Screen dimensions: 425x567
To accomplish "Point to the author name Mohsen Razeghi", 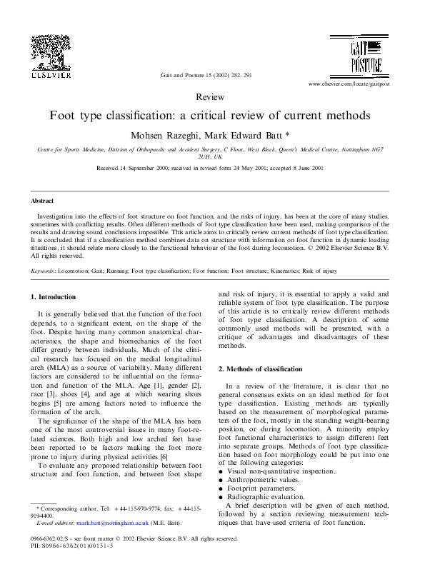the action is pyautogui.click(x=156, y=134).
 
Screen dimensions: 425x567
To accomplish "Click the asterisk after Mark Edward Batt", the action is pyautogui.click(x=266, y=134).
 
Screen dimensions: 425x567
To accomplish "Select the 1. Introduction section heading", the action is pyautogui.click(x=54, y=296).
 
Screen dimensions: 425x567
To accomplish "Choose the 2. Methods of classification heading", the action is pyautogui.click(x=259, y=368).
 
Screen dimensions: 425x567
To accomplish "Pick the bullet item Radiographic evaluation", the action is pyautogui.click(x=265, y=497).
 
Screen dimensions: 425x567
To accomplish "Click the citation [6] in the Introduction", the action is pyautogui.click(x=164, y=456).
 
